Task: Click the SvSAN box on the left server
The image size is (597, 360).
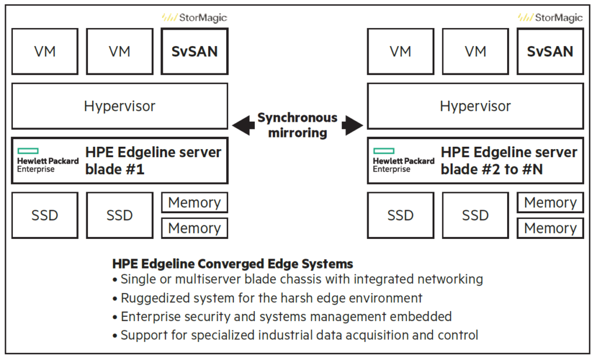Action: pos(194,51)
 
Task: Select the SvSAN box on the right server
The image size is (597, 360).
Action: pos(550,51)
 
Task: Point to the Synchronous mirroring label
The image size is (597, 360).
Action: pos(297,125)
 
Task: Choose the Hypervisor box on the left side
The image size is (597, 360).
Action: pos(120,106)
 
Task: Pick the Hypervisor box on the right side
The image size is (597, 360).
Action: pos(475,106)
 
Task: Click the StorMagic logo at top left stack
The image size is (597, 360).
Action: pos(194,17)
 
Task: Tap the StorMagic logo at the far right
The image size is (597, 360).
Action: pos(550,17)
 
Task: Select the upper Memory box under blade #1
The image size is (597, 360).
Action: pos(194,203)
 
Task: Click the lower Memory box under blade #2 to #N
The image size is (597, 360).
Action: pos(550,228)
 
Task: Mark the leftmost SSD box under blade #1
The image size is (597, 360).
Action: pos(45,216)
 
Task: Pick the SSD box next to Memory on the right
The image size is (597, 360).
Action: pos(475,216)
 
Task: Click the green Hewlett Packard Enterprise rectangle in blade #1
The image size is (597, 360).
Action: pos(27,151)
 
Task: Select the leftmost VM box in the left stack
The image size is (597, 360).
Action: pos(45,51)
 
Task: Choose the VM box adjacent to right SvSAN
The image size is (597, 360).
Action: pos(475,51)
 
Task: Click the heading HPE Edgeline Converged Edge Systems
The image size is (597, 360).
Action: pos(233,264)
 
